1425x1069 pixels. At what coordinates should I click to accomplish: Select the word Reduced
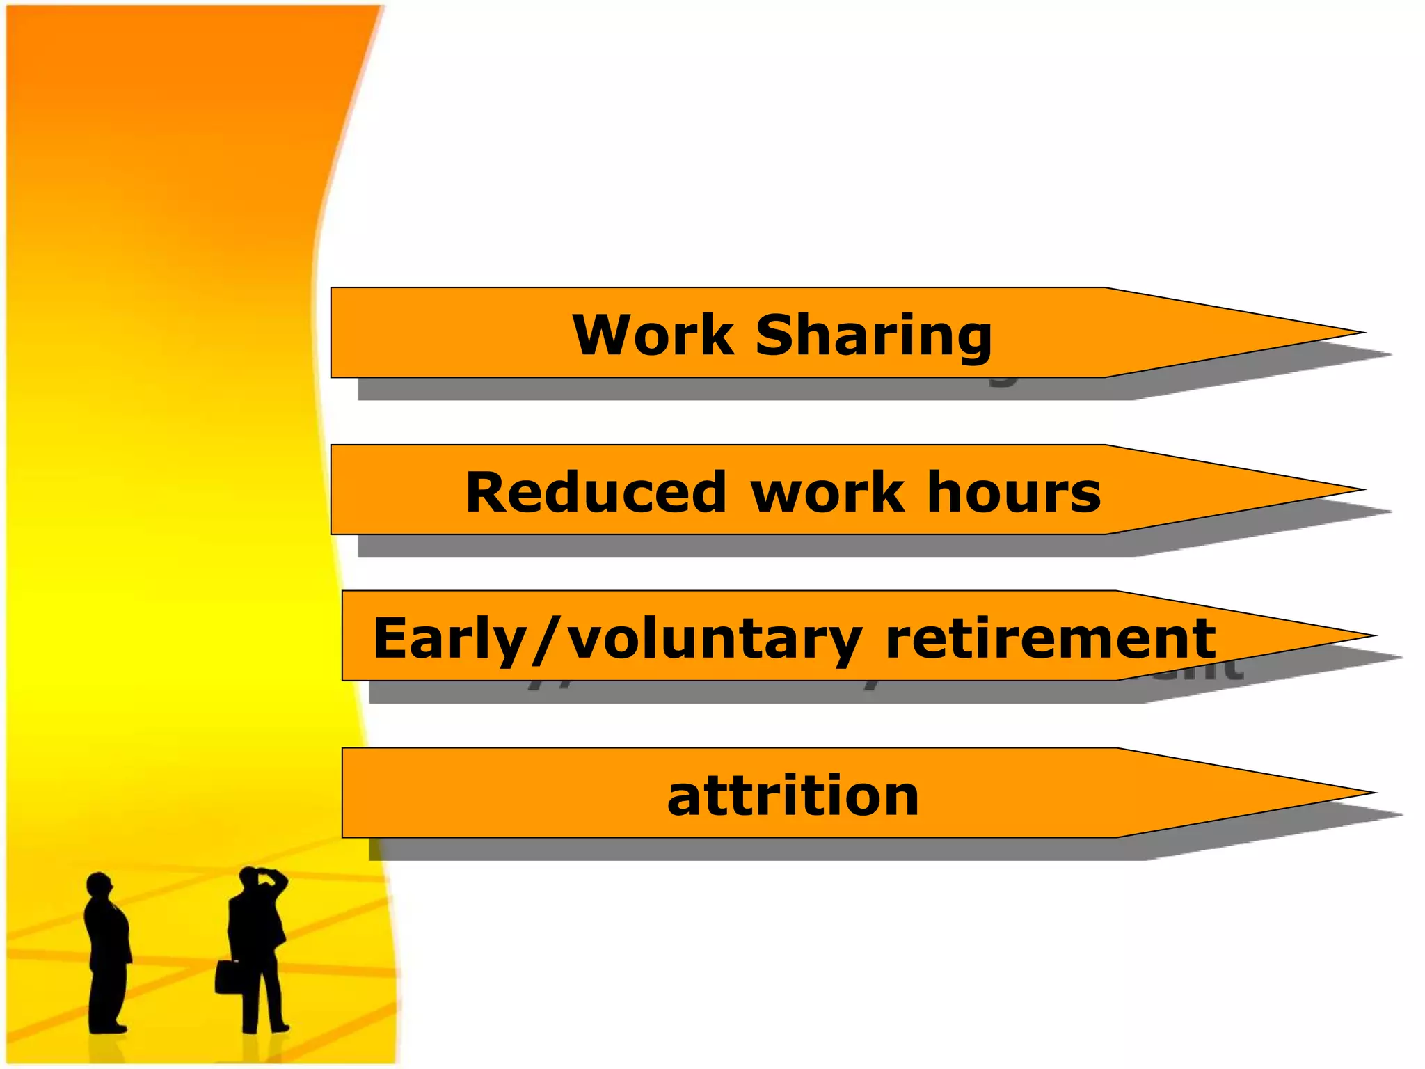click(x=596, y=492)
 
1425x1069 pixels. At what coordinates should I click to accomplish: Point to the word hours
click(x=1014, y=492)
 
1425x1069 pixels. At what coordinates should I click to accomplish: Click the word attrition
click(x=793, y=795)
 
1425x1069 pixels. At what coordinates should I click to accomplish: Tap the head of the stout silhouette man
click(x=99, y=887)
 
